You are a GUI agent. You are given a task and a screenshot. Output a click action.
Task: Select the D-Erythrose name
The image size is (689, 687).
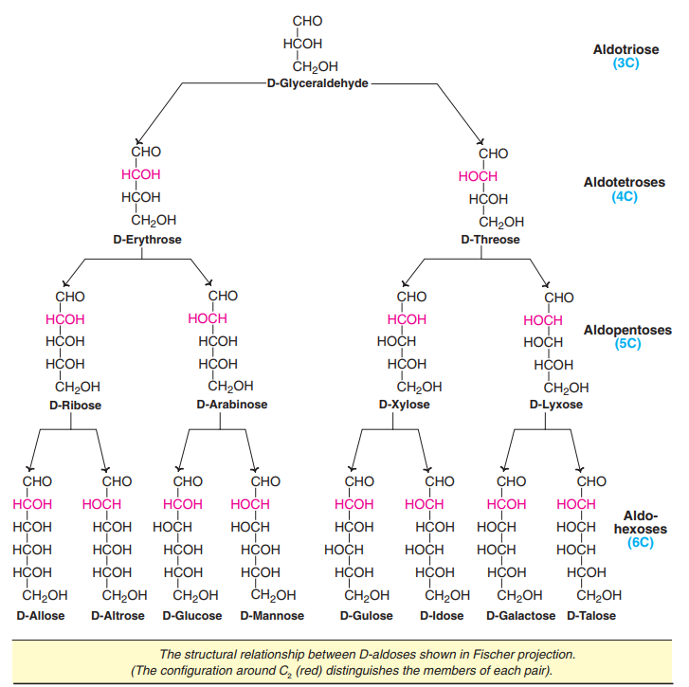coord(147,240)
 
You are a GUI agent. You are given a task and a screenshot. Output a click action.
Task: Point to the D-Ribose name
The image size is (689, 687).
coord(75,406)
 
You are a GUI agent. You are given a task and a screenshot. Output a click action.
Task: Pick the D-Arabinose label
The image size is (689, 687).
coord(232,405)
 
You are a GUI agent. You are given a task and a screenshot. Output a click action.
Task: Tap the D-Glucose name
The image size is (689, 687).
coord(192,616)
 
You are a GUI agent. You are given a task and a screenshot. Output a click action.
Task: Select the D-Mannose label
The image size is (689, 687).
coord(273,616)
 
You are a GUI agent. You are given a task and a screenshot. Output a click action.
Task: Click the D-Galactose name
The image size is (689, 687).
coord(520,616)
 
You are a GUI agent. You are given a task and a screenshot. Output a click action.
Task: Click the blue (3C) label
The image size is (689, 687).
coord(626,63)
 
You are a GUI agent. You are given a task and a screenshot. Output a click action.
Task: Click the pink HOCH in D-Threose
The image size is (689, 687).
coord(478,176)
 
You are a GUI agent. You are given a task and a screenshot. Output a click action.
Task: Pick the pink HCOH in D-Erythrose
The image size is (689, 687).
coord(141,174)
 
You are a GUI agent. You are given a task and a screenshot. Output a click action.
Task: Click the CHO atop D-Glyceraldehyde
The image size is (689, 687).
coord(308,21)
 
